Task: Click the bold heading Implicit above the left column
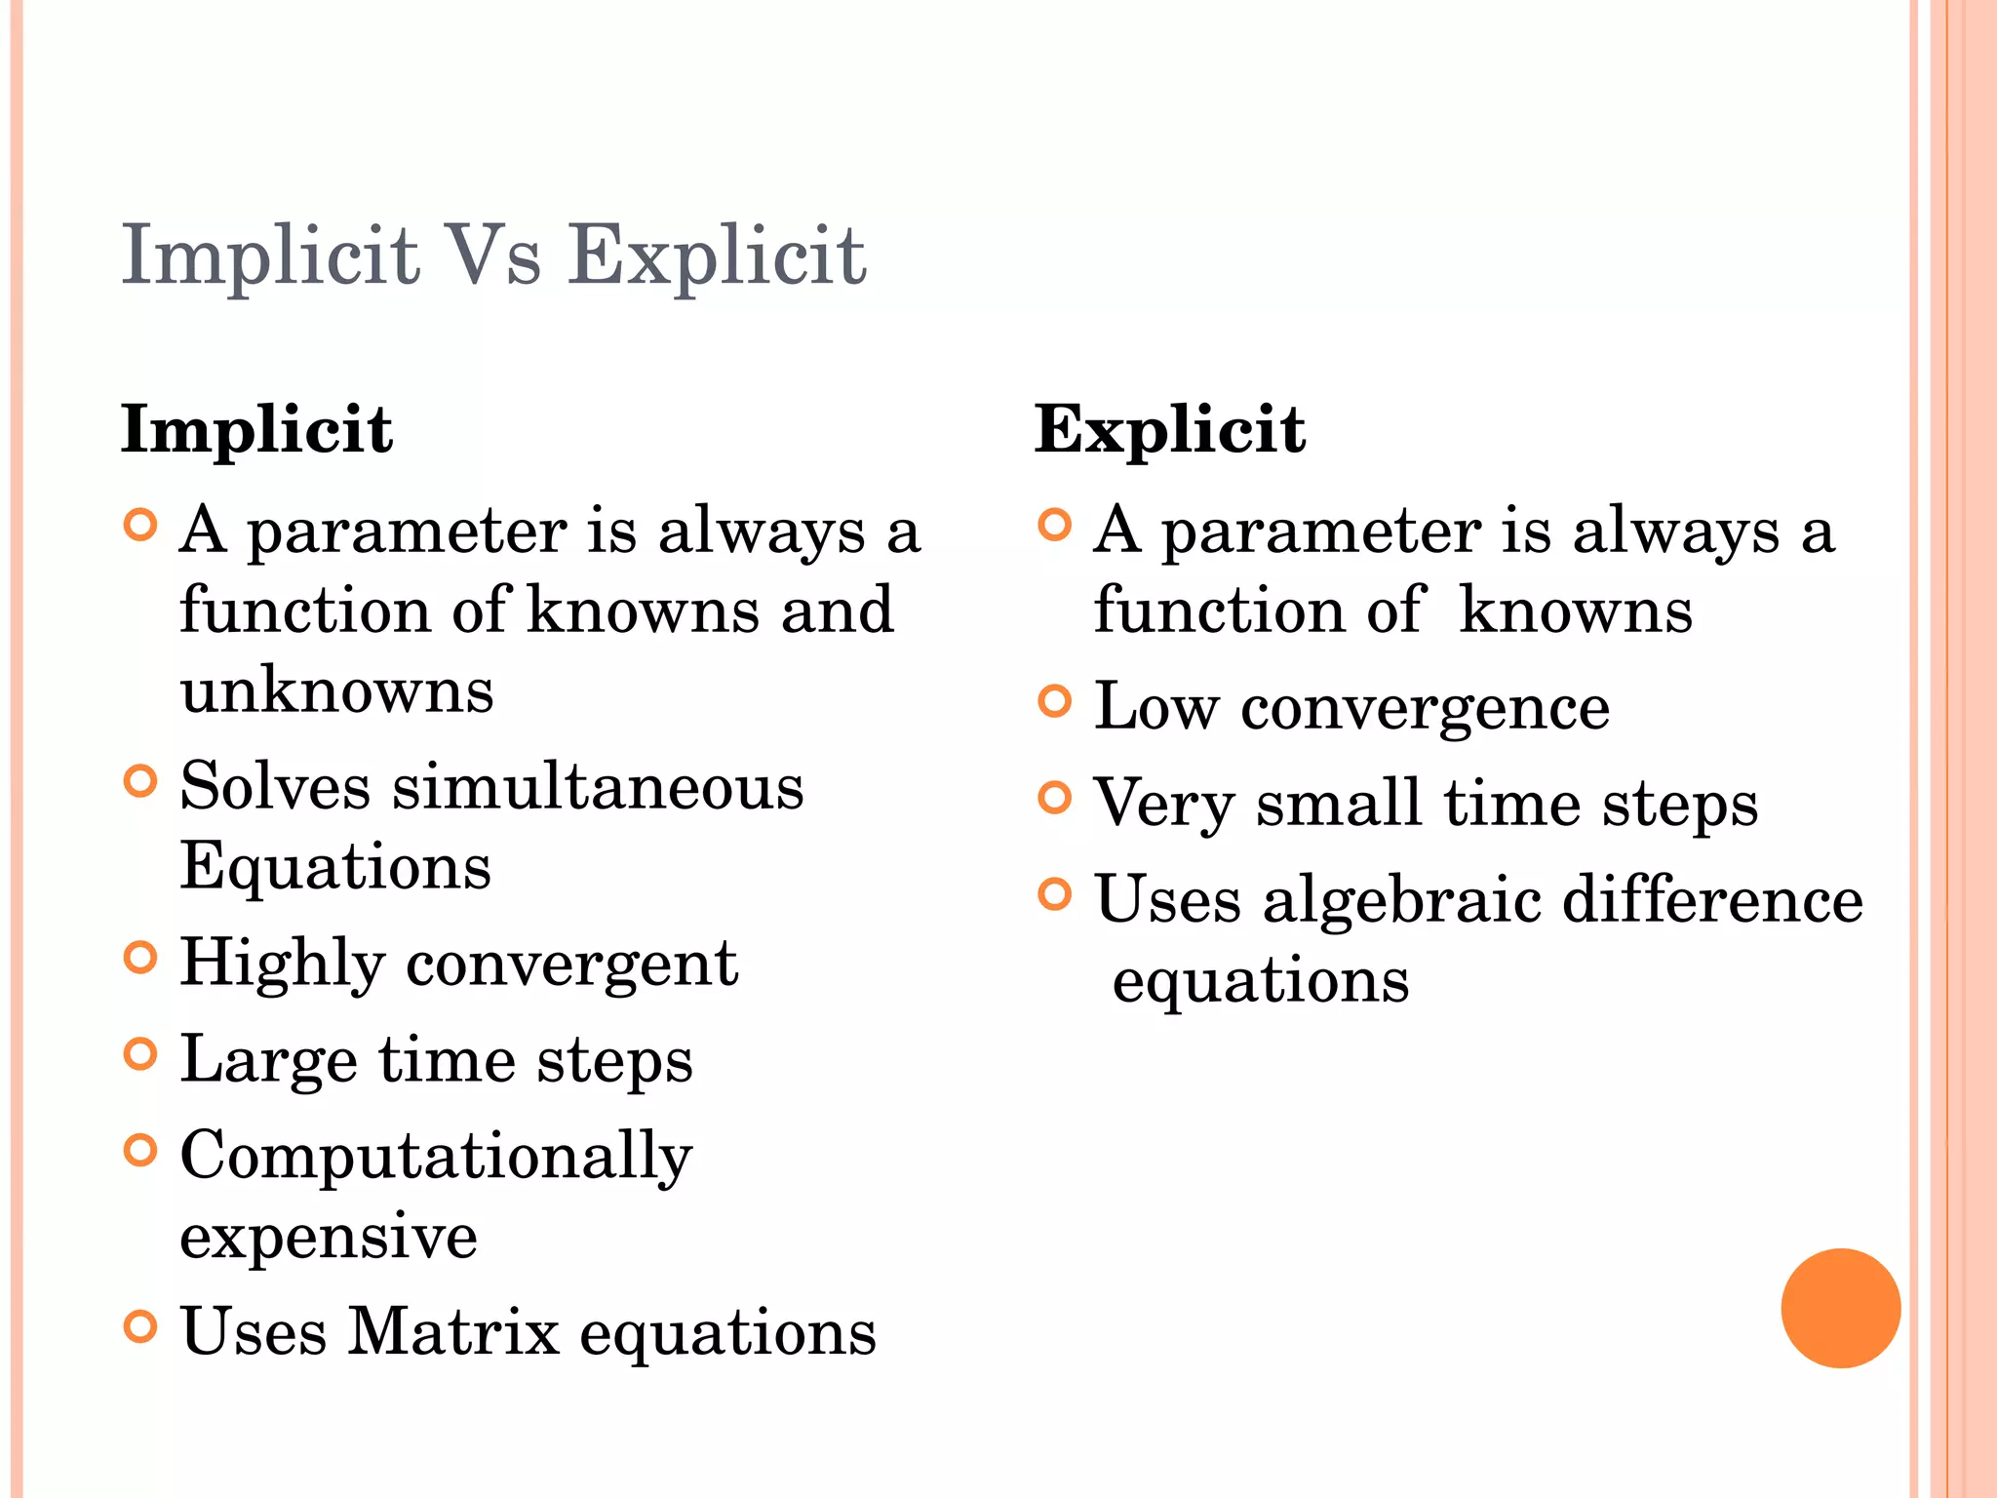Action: (256, 429)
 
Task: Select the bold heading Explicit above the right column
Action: (1169, 429)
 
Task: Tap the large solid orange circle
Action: (1840, 1308)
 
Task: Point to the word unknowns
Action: (336, 690)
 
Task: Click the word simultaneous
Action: (598, 786)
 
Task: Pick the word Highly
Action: (283, 964)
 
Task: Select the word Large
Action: (269, 1060)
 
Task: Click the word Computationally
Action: (436, 1157)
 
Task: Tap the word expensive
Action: (329, 1237)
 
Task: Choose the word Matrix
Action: (453, 1331)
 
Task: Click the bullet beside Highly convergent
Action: (141, 958)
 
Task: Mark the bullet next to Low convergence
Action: (1055, 701)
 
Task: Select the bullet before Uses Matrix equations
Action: (141, 1326)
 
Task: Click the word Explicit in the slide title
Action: (718, 256)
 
